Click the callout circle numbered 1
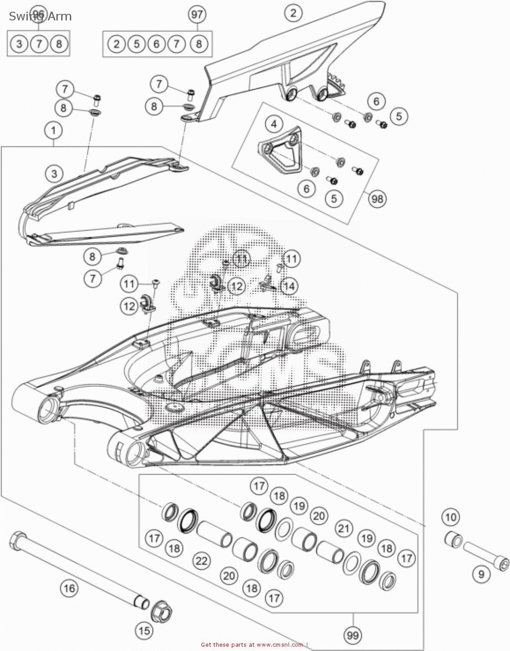[53, 130]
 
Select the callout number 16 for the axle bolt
[69, 589]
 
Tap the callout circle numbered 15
[144, 630]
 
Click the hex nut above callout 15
[161, 609]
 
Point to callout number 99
[352, 635]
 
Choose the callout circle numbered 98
[378, 199]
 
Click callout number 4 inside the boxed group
[274, 124]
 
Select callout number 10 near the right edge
[451, 517]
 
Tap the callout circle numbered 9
[481, 575]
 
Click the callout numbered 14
[289, 286]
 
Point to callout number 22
[201, 561]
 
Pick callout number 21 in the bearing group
[344, 528]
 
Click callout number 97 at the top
[197, 15]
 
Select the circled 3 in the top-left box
[19, 44]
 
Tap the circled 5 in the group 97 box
[136, 44]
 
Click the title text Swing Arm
[40, 16]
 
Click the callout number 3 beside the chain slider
[54, 174]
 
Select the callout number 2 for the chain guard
[293, 13]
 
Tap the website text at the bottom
[254, 644]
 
